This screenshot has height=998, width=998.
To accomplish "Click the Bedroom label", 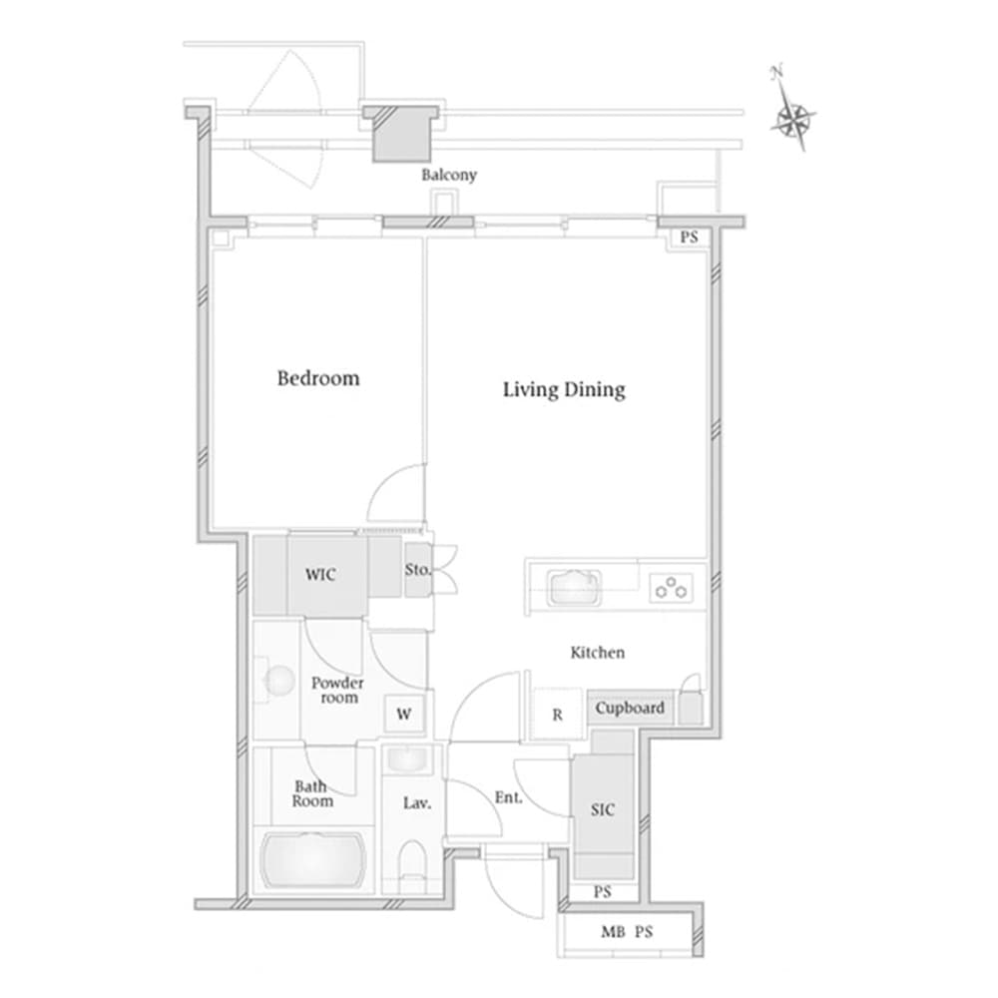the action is tap(318, 378).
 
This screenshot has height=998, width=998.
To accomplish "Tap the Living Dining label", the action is tap(564, 389).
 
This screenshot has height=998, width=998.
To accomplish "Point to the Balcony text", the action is tap(449, 175).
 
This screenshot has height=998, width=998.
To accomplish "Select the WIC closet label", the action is tap(320, 575).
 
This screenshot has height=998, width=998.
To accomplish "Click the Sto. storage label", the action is tap(417, 570).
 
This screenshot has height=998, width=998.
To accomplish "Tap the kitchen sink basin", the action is tap(574, 588).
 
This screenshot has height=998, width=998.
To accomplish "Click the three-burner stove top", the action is tap(671, 588).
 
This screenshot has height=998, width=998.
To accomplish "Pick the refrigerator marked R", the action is tap(557, 715).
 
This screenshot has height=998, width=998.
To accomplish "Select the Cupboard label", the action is tap(630, 708).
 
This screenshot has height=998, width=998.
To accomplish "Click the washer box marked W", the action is tap(404, 715).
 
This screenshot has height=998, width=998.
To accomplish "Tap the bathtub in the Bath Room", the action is tap(313, 860).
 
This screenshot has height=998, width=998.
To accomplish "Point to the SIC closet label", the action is tap(602, 809).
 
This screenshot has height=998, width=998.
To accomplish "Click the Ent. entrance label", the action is tap(509, 797).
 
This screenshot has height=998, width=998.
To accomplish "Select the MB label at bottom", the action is tap(613, 932).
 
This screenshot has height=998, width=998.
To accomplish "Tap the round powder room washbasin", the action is tap(278, 681).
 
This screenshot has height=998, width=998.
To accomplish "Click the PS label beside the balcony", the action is tap(689, 238).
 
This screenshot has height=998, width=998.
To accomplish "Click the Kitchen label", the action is tap(597, 653).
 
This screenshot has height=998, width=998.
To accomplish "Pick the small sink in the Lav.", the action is tap(407, 758).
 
